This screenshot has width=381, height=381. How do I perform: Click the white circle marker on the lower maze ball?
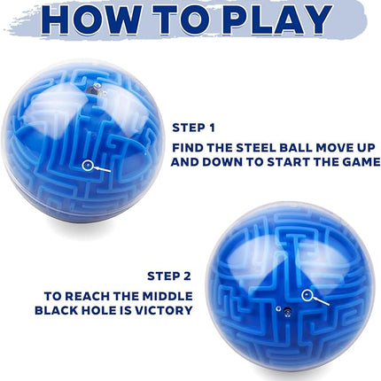click(x=307, y=294)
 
